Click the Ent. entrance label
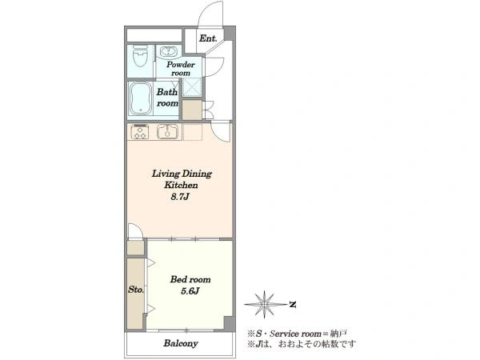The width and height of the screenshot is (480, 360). pos(208,38)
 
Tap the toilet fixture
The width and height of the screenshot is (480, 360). pos(140,56)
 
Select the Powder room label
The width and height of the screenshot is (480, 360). pos(181,69)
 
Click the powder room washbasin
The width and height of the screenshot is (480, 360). pos(167,51)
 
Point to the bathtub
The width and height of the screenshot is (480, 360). pos(141,98)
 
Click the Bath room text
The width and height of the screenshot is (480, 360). pos(167,98)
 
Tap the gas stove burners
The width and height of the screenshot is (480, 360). pos(140,132)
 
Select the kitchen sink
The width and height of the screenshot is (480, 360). pos(167,132)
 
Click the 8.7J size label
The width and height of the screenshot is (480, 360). pos(180,197)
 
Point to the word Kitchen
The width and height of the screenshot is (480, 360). pos(181,186)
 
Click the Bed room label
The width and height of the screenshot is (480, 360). pos(190,279)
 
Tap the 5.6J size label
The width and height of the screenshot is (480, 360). pos(190,291)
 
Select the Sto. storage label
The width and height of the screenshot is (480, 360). pos(136,290)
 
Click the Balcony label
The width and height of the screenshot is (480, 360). pos(180,343)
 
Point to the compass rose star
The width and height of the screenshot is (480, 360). pos(264,304)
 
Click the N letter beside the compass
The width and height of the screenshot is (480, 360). pos(293,305)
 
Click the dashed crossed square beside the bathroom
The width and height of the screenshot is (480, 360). pos(192,87)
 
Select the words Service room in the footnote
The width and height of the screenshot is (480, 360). pos(295,334)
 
